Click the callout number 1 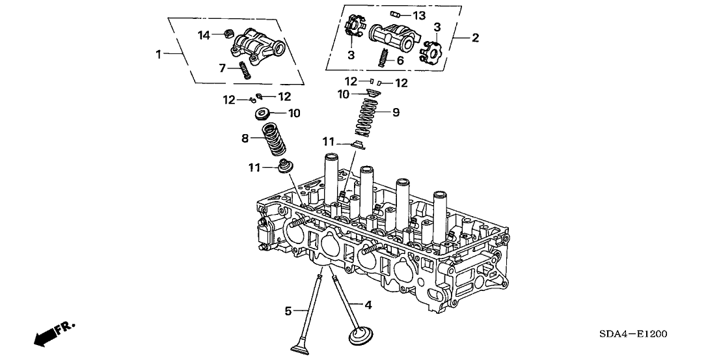tap(158, 55)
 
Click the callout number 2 tap(475, 38)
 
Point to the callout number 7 tap(223, 67)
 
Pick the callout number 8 tap(246, 138)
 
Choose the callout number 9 tap(396, 112)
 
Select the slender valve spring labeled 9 tap(369, 117)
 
